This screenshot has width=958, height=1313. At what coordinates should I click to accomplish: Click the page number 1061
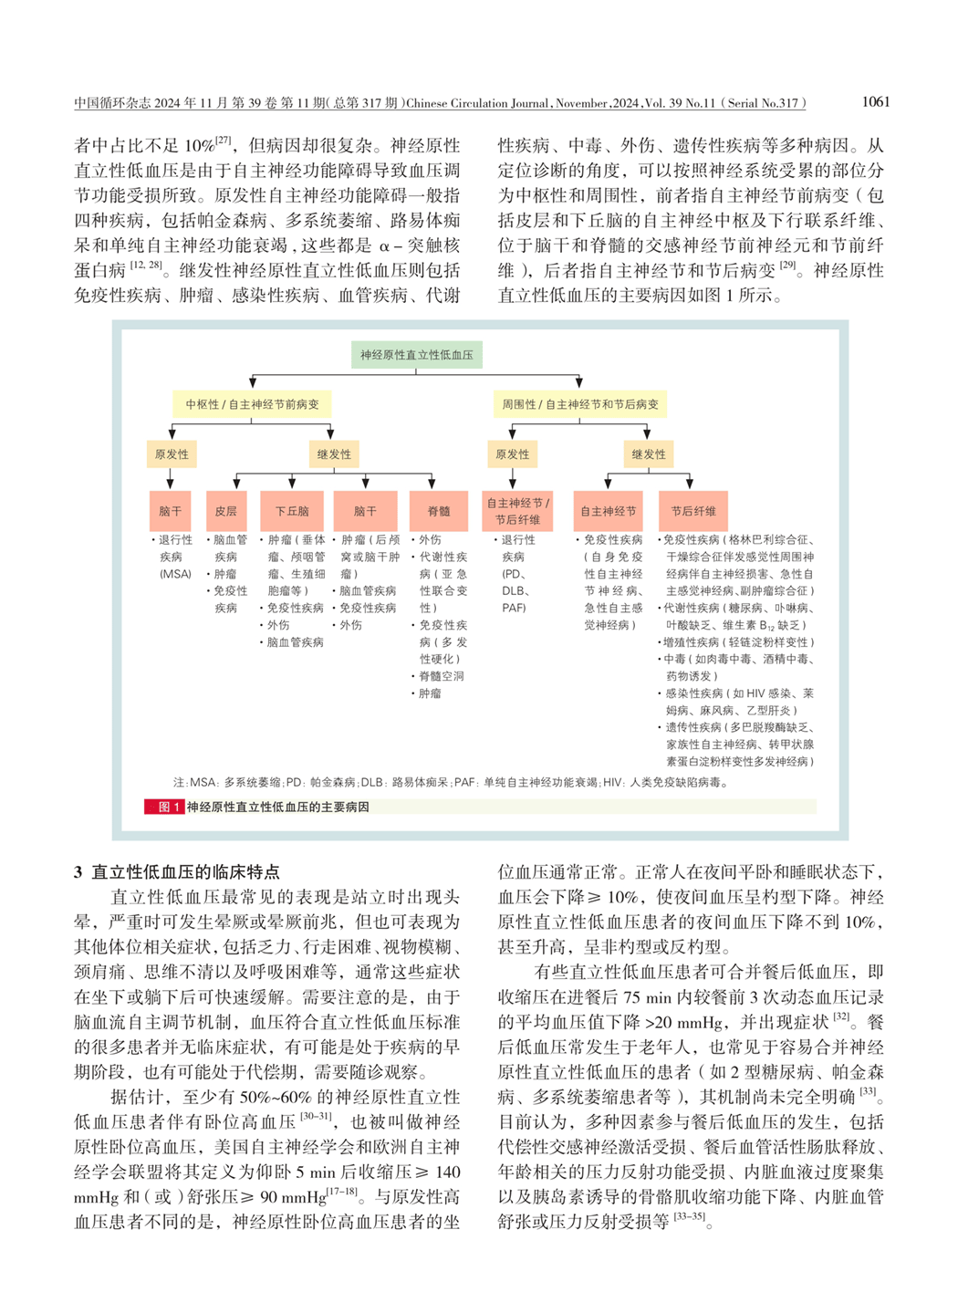(874, 102)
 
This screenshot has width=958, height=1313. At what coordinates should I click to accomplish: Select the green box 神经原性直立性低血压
(416, 355)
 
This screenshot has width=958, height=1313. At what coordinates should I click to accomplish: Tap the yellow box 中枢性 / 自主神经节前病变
(252, 404)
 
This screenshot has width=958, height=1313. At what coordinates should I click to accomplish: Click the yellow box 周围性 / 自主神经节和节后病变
(579, 404)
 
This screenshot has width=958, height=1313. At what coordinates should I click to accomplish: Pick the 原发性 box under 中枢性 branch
(172, 454)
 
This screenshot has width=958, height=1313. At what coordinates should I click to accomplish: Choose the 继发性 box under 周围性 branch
(648, 454)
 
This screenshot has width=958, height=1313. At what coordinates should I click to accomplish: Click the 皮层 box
(226, 511)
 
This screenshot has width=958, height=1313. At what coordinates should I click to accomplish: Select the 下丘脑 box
(292, 511)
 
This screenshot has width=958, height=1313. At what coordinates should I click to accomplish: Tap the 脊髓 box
(439, 511)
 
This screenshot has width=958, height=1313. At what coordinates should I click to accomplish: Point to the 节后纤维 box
(693, 511)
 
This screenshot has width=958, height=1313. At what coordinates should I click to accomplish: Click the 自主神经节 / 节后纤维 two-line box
(517, 511)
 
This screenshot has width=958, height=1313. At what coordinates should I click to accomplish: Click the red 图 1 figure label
(164, 807)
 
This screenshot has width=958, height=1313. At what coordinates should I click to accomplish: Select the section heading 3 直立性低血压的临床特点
(176, 871)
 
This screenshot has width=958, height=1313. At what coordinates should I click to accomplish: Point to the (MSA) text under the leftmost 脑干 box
(175, 574)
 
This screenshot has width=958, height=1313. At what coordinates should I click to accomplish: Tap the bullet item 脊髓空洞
(442, 676)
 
